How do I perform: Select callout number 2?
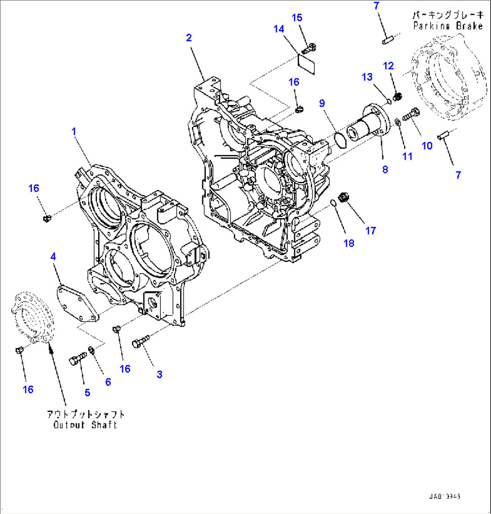[189, 38]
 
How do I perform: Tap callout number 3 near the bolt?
[159, 374]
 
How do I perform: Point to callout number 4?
[53, 257]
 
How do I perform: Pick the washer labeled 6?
[92, 349]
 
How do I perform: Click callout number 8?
[384, 170]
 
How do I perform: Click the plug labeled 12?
[398, 96]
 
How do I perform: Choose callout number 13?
[368, 77]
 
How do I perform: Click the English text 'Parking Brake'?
[448, 26]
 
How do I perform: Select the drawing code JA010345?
[445, 497]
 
